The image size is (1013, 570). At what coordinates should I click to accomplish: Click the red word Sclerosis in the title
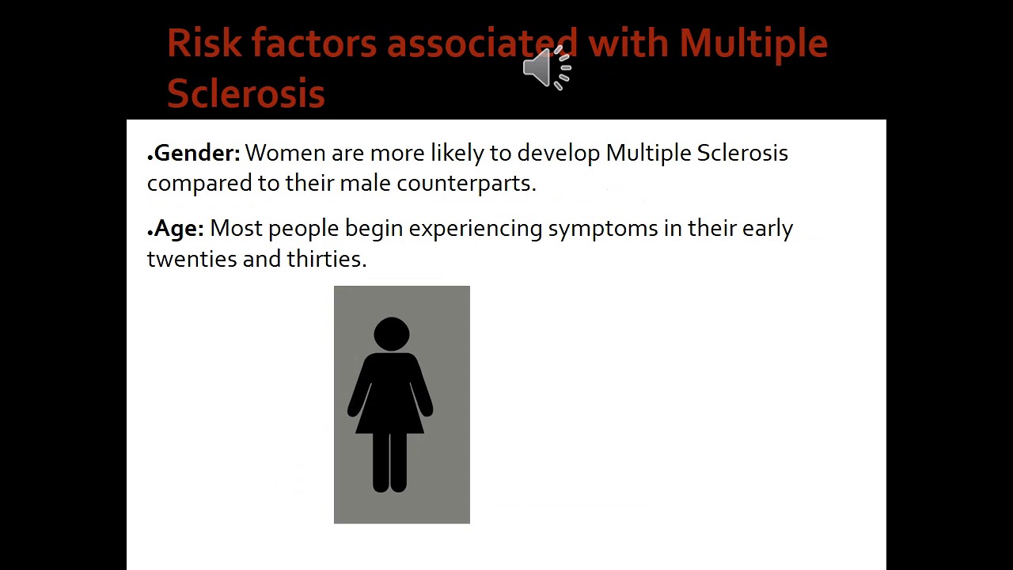pyautogui.click(x=245, y=93)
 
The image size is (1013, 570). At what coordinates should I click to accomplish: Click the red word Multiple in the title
pyautogui.click(x=753, y=44)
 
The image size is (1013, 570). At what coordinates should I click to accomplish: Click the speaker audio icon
pyautogui.click(x=546, y=68)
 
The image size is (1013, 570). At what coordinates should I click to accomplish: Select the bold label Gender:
pyautogui.click(x=196, y=153)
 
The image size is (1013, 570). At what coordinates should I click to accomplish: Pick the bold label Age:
pyautogui.click(x=179, y=229)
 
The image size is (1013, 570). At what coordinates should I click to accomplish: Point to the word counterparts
pyautogui.click(x=465, y=184)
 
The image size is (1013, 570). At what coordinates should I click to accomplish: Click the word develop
pyautogui.click(x=558, y=154)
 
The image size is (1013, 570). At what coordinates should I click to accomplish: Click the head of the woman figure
pyautogui.click(x=391, y=333)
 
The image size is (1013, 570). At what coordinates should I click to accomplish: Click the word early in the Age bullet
pyautogui.click(x=767, y=229)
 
